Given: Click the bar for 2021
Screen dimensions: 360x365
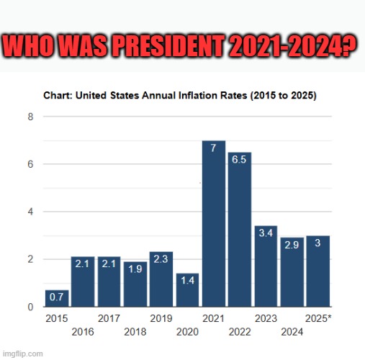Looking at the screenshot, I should tap(213, 223).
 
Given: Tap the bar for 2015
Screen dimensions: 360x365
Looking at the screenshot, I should tap(57, 298).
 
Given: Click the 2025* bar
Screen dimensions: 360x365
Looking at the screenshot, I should tap(318, 271).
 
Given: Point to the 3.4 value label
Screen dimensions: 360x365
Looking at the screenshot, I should tap(265, 234).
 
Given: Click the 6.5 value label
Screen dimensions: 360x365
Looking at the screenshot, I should tap(240, 160).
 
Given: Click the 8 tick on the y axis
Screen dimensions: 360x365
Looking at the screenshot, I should tap(30, 117).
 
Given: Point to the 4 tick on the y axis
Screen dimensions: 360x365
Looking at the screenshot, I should tap(30, 212).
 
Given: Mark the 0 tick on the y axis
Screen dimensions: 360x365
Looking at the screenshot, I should tap(30, 307).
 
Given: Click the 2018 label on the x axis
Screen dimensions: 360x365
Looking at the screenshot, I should tap(135, 332).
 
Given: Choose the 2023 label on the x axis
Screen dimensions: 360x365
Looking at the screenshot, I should tap(266, 318).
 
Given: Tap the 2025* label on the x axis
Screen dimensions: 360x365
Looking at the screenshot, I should tap(319, 318).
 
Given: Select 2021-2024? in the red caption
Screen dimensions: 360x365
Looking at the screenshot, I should tap(295, 47).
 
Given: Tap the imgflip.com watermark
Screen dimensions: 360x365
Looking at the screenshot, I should tap(22, 354).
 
